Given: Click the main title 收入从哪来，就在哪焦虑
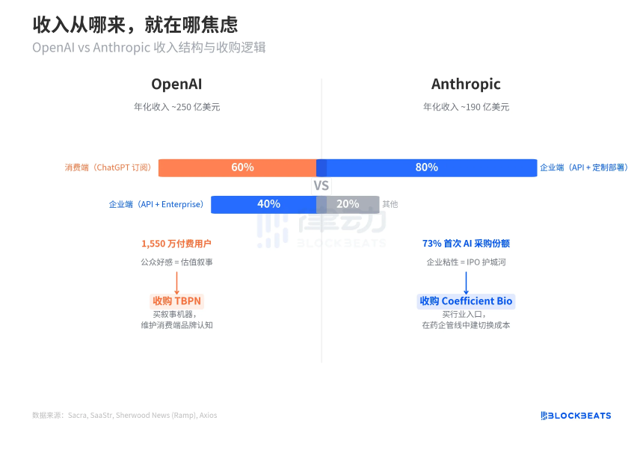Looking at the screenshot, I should [x=135, y=25].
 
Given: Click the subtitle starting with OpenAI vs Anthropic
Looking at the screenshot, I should [x=149, y=47].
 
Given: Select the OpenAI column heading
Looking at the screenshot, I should [x=176, y=84].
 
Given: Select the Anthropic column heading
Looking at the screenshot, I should [x=466, y=84].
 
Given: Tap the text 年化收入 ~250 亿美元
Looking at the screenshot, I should [x=176, y=107].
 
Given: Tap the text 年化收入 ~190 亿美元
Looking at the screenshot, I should [x=466, y=107].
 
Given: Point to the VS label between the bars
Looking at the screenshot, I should [x=321, y=186].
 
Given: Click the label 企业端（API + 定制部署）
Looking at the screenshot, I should [x=584, y=167].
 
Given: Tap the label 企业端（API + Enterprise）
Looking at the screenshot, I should [x=156, y=204].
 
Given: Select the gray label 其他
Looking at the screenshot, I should [x=390, y=204].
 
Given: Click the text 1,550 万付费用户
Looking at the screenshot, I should [x=176, y=244].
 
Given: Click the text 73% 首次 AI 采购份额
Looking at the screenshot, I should [x=466, y=244].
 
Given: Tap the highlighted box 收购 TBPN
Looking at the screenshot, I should [x=176, y=301].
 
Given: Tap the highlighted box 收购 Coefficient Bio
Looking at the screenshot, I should [x=466, y=301].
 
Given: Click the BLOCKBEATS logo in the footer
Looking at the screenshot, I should [x=576, y=416].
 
